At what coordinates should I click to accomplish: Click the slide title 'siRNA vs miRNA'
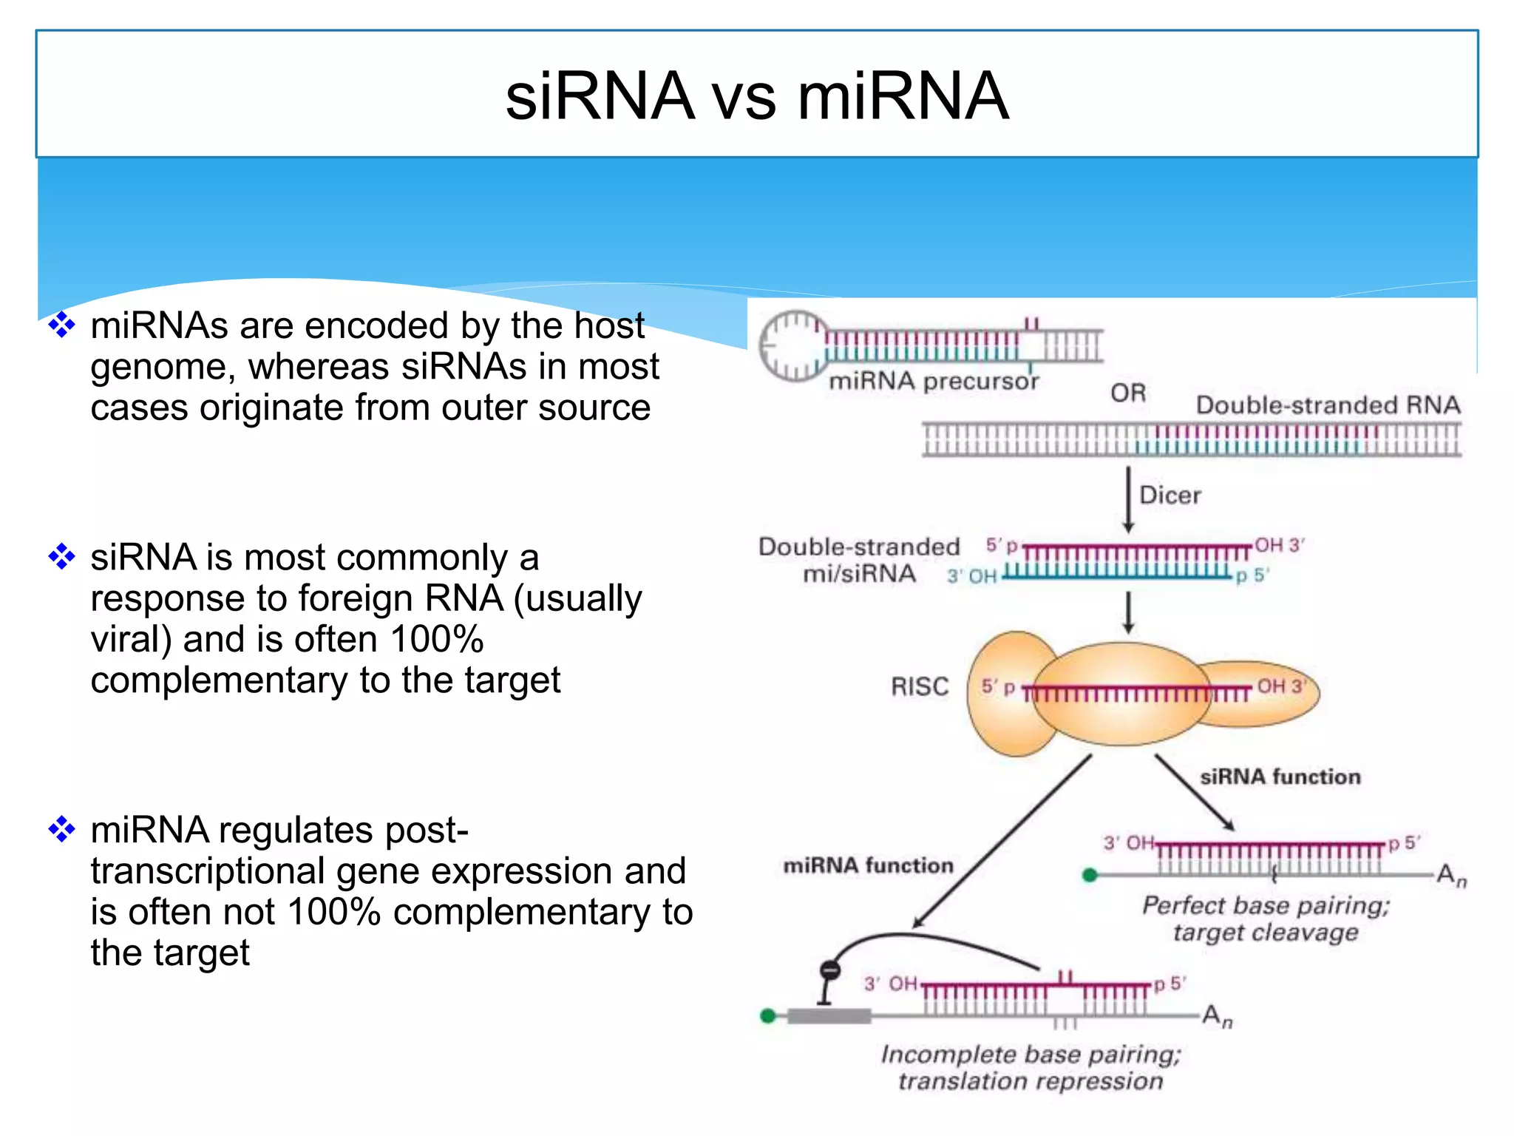point(756,96)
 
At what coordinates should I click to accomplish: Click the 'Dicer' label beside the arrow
point(1170,495)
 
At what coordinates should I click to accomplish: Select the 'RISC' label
point(919,686)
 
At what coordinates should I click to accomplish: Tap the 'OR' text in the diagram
point(1127,393)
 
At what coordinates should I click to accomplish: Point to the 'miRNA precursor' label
point(933,381)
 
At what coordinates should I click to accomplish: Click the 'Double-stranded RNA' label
point(1328,405)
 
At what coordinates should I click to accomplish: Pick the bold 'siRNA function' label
point(1280,777)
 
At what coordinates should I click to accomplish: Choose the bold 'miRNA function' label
point(868,865)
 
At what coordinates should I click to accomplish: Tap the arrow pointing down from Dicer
point(1128,499)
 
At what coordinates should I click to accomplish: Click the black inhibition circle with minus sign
point(830,970)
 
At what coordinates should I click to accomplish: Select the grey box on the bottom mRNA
point(828,1016)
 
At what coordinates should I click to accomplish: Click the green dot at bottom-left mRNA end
point(768,1016)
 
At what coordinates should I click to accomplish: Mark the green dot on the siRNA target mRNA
point(1089,876)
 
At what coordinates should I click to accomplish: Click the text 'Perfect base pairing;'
point(1266,905)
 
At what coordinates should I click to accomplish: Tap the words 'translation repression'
point(1031,1081)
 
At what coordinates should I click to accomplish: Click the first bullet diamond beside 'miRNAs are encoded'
point(61,325)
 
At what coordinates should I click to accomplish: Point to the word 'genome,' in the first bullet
point(163,367)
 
